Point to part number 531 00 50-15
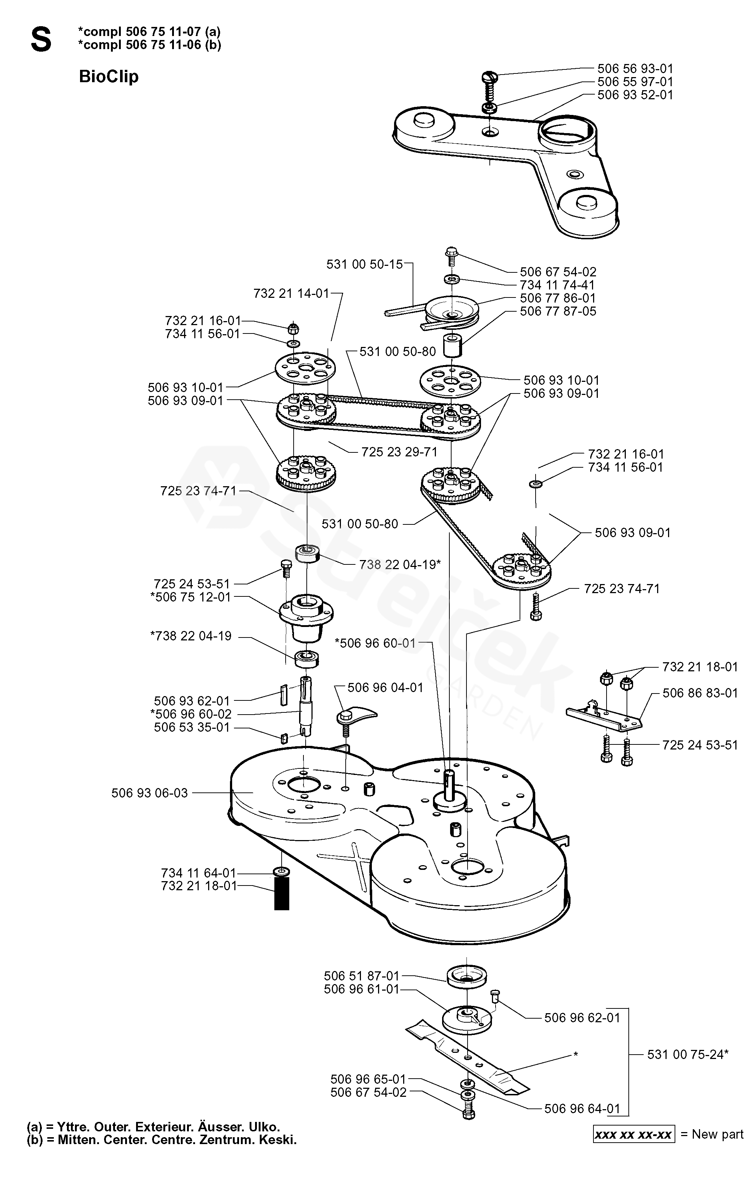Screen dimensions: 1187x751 coord(365,265)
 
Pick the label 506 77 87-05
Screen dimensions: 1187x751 coord(558,312)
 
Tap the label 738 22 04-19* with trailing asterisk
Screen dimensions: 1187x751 coord(400,564)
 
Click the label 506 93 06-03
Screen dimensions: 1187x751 coord(150,793)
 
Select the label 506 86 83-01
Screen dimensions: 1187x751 coord(700,693)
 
